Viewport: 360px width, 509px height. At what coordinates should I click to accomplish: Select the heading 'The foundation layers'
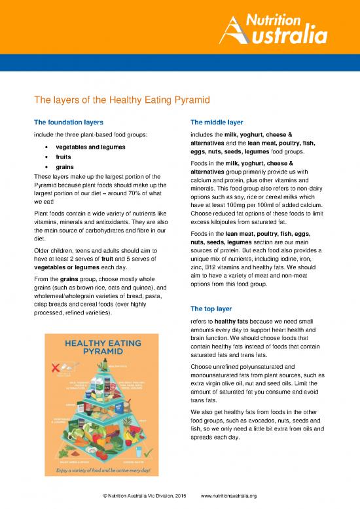tap(67, 122)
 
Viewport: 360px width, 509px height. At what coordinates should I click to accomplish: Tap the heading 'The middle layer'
tap(216, 122)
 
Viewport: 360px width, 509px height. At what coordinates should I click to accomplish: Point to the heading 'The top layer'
tap(211, 309)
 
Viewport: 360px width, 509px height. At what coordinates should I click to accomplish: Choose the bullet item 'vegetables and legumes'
tap(91, 147)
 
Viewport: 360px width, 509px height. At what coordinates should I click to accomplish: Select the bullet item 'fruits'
tap(63, 157)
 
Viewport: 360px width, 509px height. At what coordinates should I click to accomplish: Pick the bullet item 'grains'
tap(65, 167)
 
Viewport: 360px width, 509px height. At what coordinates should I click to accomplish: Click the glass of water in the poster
tap(139, 451)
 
